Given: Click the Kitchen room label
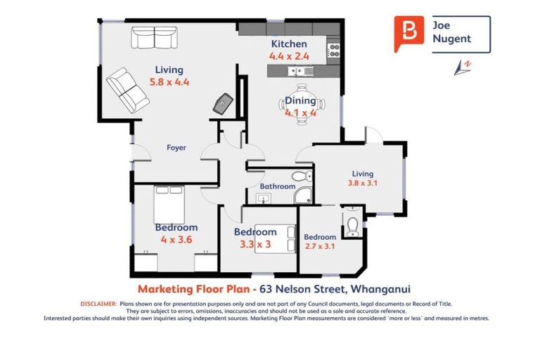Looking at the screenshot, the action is (289, 44).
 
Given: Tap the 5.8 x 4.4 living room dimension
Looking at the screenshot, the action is (169, 82).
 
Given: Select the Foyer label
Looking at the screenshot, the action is (176, 148).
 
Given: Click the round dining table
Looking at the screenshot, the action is (302, 105).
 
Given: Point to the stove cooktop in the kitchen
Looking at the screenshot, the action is (334, 51).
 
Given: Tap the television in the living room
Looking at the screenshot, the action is (223, 103).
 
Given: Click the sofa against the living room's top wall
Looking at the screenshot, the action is (154, 37).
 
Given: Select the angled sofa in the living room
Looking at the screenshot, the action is (128, 90).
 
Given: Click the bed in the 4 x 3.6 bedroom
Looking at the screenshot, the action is (169, 205).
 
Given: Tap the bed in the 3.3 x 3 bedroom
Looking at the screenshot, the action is (275, 239).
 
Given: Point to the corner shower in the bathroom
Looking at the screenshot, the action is (303, 195).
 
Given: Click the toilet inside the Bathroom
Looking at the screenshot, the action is (302, 176).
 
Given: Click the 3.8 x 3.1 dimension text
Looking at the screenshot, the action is (362, 183).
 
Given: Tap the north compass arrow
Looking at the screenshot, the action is (462, 67).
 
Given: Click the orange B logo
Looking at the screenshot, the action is (409, 34).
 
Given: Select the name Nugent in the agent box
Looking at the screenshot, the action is (451, 39).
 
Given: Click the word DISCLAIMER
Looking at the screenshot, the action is (98, 304).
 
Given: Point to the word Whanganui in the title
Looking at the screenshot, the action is (380, 289).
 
